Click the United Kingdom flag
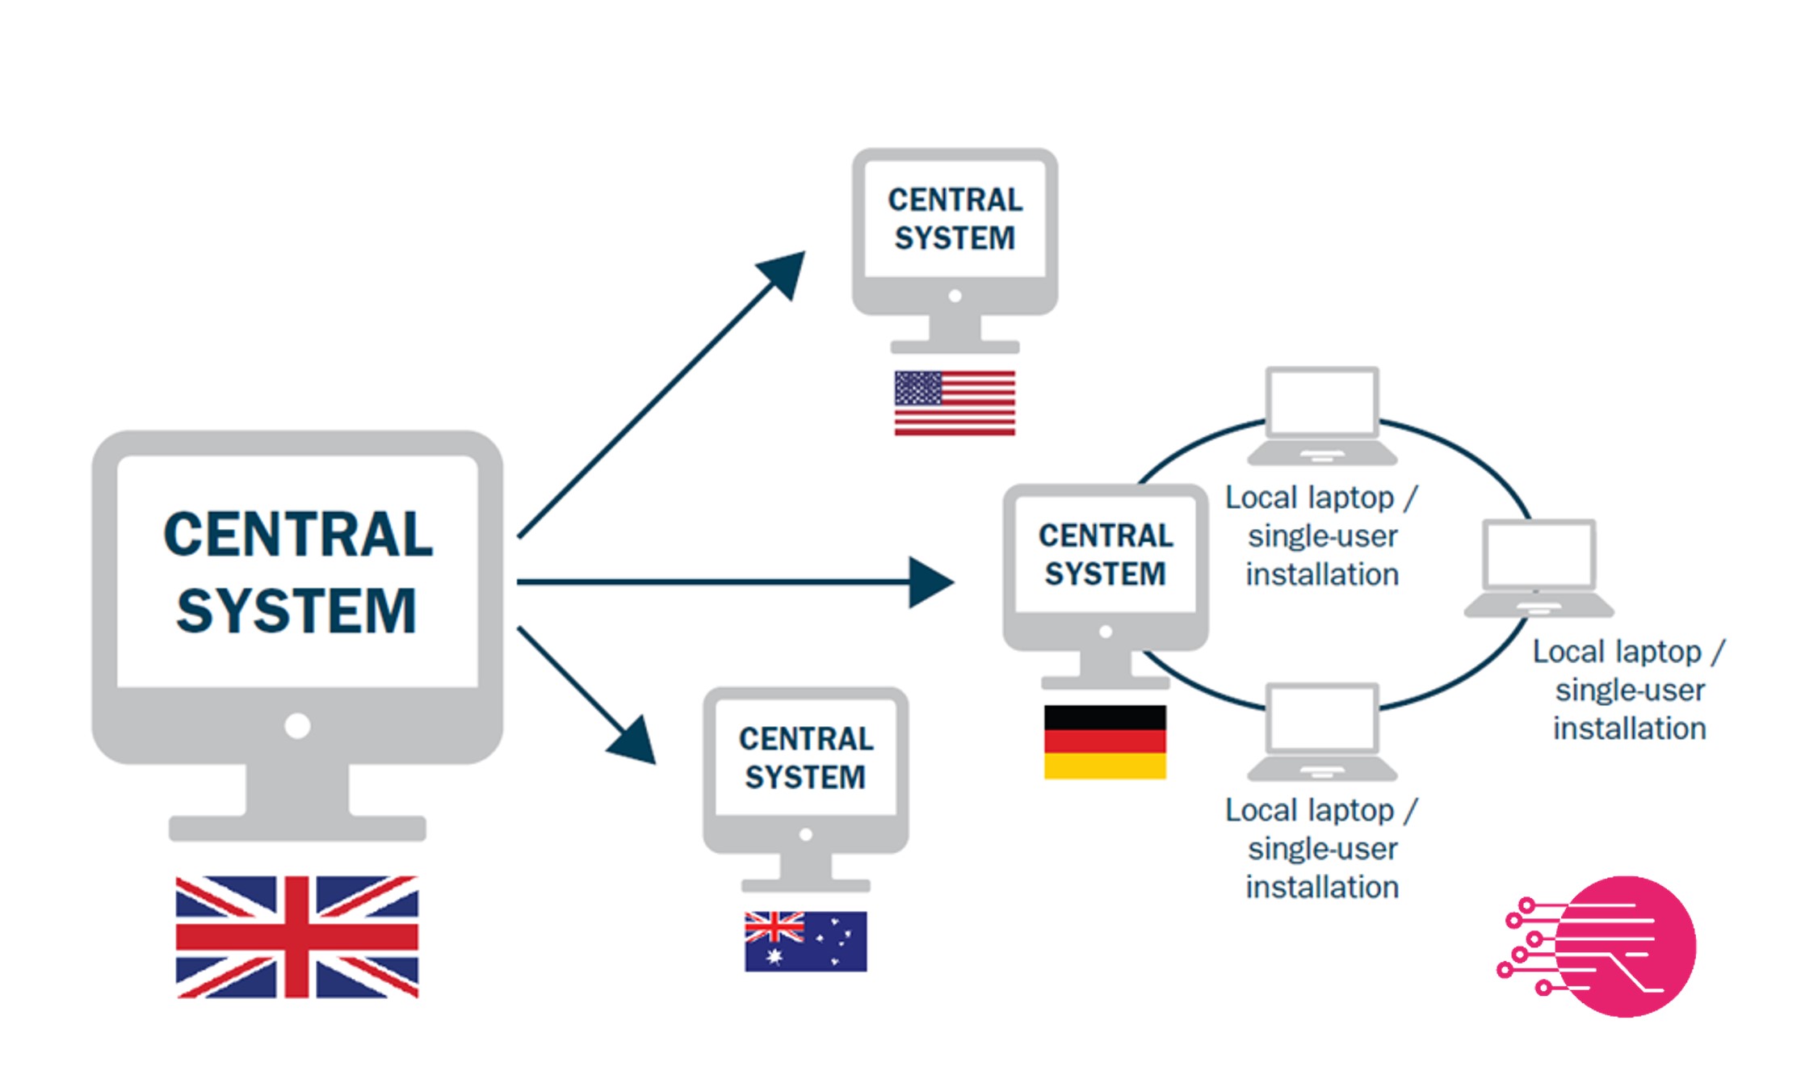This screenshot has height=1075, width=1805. pyautogui.click(x=297, y=937)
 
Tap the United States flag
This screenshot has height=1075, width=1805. pyautogui.click(x=955, y=403)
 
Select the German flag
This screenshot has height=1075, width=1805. pyautogui.click(x=1105, y=741)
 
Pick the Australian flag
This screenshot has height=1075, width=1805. pyautogui.click(x=805, y=941)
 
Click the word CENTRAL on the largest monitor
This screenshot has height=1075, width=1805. pyautogui.click(x=298, y=535)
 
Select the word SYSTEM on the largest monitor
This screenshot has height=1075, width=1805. pyautogui.click(x=296, y=611)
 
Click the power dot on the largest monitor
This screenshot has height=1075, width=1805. pyautogui.click(x=297, y=725)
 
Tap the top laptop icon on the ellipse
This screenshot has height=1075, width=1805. pyautogui.click(x=1322, y=416)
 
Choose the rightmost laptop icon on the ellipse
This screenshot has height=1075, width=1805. pyautogui.click(x=1539, y=569)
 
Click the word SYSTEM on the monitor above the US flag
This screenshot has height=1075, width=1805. pyautogui.click(x=955, y=238)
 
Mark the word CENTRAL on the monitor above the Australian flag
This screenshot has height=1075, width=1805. pyautogui.click(x=806, y=738)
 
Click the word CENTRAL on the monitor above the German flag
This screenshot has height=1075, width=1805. pyautogui.click(x=1106, y=535)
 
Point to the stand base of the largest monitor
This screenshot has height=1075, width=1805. pyautogui.click(x=297, y=829)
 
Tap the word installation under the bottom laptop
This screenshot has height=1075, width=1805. pyautogui.click(x=1322, y=887)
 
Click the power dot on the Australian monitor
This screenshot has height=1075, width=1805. pyautogui.click(x=805, y=834)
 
